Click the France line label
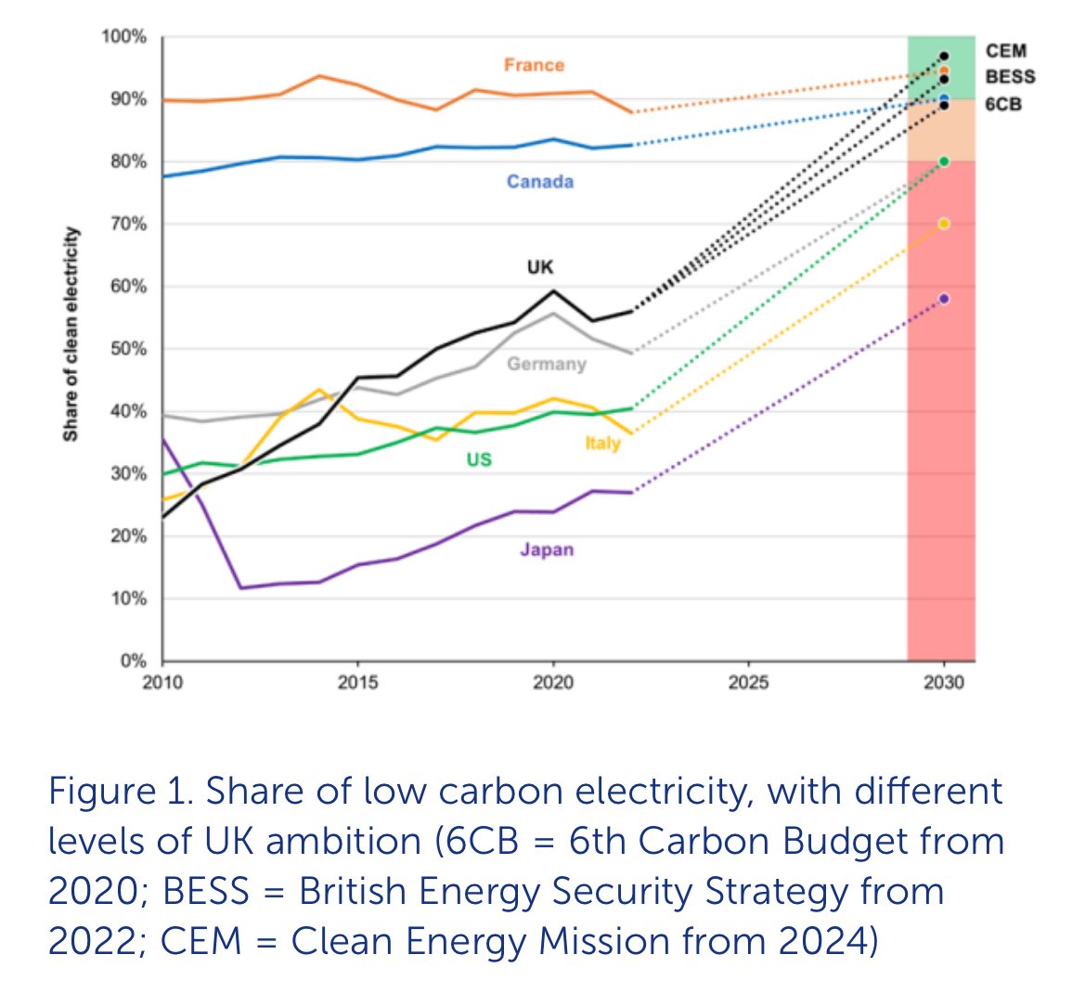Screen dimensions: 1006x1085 point(534,65)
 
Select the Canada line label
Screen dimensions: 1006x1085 point(540,182)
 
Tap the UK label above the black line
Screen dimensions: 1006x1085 point(540,267)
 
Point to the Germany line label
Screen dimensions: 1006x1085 point(547,364)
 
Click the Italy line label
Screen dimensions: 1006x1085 point(602,444)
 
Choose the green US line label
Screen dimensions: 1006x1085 point(479,459)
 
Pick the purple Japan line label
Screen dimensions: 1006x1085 point(547,549)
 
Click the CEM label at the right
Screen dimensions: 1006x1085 point(1006,51)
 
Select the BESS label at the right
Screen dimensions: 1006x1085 point(1010,77)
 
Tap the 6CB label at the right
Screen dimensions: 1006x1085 point(1003,104)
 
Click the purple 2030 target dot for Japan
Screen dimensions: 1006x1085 point(944,299)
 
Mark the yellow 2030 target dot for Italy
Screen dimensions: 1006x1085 point(944,224)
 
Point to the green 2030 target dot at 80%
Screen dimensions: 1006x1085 point(944,161)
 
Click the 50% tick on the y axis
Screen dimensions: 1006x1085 point(128,349)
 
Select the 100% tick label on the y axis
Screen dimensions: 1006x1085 point(124,37)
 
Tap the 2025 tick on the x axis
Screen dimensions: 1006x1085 point(748,683)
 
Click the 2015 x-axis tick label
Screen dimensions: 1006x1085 point(357,683)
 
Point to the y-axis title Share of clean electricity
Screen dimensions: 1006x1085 point(71,334)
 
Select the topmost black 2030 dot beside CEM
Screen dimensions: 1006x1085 point(944,56)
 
